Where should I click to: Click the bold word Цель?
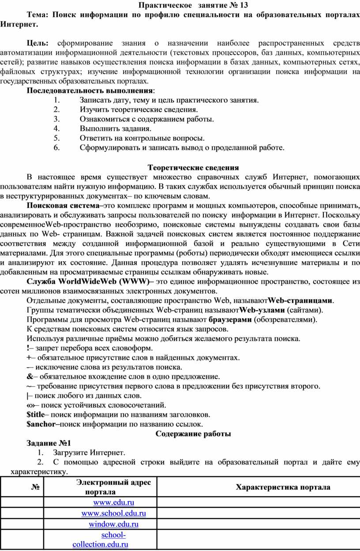tap(39, 43)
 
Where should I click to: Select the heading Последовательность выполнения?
tap(90, 90)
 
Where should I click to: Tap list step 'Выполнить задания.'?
tap(115, 128)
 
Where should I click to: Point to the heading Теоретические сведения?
tap(193, 168)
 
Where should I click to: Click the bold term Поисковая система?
tap(63, 206)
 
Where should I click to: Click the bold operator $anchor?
tap(41, 424)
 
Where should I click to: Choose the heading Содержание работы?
tap(193, 434)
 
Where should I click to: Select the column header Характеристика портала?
tap(283, 487)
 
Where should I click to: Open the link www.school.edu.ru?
tap(114, 513)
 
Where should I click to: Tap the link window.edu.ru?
tap(114, 524)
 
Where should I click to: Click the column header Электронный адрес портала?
tap(114, 487)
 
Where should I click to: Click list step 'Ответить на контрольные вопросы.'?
tap(142, 138)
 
